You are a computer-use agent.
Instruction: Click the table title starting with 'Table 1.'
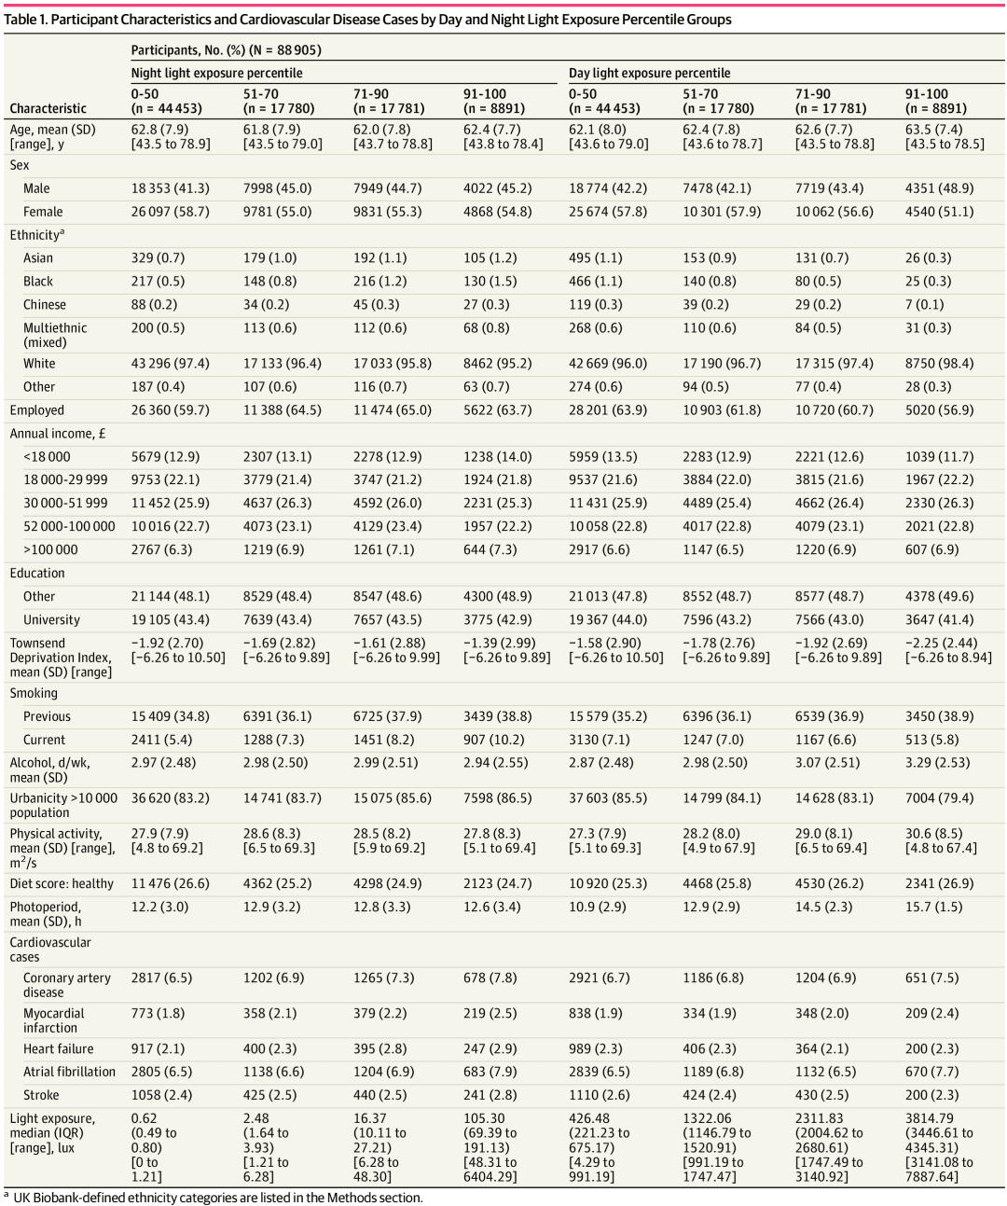368,20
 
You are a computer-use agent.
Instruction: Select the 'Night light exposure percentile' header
216,73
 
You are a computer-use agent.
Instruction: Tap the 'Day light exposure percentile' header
649,73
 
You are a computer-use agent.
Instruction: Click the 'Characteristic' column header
48,108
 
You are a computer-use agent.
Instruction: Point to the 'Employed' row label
37,410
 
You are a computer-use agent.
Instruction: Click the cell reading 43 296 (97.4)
170,364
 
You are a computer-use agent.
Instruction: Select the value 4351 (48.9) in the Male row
939,188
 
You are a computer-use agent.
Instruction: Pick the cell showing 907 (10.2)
497,740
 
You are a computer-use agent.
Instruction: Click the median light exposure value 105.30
483,1117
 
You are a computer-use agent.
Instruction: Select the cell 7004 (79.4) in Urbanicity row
939,798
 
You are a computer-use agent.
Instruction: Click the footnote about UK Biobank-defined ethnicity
217,1198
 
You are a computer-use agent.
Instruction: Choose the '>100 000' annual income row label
50,550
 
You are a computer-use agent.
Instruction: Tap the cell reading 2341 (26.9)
939,883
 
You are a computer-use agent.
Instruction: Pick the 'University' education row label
51,620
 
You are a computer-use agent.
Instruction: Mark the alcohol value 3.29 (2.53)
937,762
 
